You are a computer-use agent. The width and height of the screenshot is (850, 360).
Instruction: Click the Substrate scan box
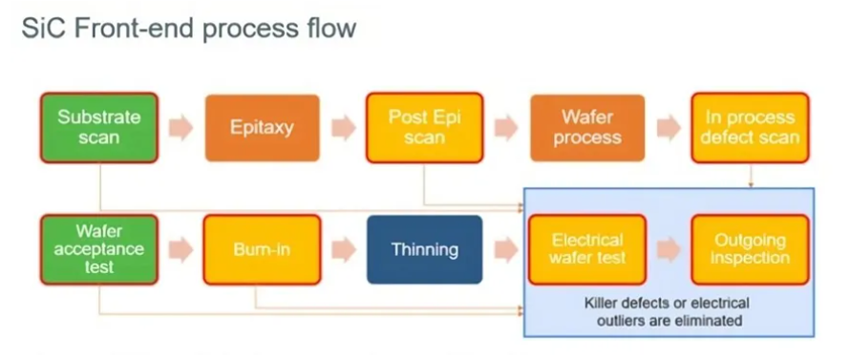[99, 128]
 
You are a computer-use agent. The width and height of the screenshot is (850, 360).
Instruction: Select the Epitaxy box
[263, 128]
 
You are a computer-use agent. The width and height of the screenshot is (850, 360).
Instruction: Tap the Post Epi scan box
[424, 128]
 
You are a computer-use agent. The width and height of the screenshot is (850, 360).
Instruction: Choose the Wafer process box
[587, 128]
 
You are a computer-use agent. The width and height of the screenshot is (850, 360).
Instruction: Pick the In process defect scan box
[751, 128]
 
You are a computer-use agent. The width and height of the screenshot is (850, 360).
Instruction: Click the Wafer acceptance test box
[99, 249]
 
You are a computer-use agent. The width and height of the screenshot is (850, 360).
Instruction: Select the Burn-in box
[263, 249]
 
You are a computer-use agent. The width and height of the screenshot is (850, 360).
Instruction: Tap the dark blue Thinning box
[424, 249]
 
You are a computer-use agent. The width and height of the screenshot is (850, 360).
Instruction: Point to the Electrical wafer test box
[587, 249]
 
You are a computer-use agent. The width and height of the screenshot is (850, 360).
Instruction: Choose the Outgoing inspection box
[751, 249]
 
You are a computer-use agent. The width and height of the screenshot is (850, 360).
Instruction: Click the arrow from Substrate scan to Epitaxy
[181, 128]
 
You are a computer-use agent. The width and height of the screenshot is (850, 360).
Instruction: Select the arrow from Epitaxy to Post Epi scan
[344, 128]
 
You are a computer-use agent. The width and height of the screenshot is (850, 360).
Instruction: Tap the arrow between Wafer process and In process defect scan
[669, 128]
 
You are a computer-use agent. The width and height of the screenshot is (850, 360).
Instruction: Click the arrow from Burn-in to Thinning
[344, 249]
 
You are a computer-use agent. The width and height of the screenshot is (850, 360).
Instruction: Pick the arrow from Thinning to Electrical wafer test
[506, 249]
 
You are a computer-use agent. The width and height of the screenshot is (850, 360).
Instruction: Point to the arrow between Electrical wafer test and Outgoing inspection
[669, 249]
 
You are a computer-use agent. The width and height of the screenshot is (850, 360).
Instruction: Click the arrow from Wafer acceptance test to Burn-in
[181, 249]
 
